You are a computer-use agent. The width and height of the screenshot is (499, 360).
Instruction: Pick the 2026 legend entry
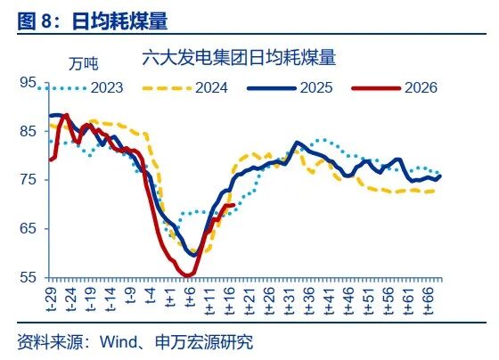[x=420, y=87]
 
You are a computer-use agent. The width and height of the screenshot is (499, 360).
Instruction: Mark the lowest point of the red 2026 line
[x=187, y=275]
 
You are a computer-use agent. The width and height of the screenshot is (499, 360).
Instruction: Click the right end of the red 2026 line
[x=233, y=205]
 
